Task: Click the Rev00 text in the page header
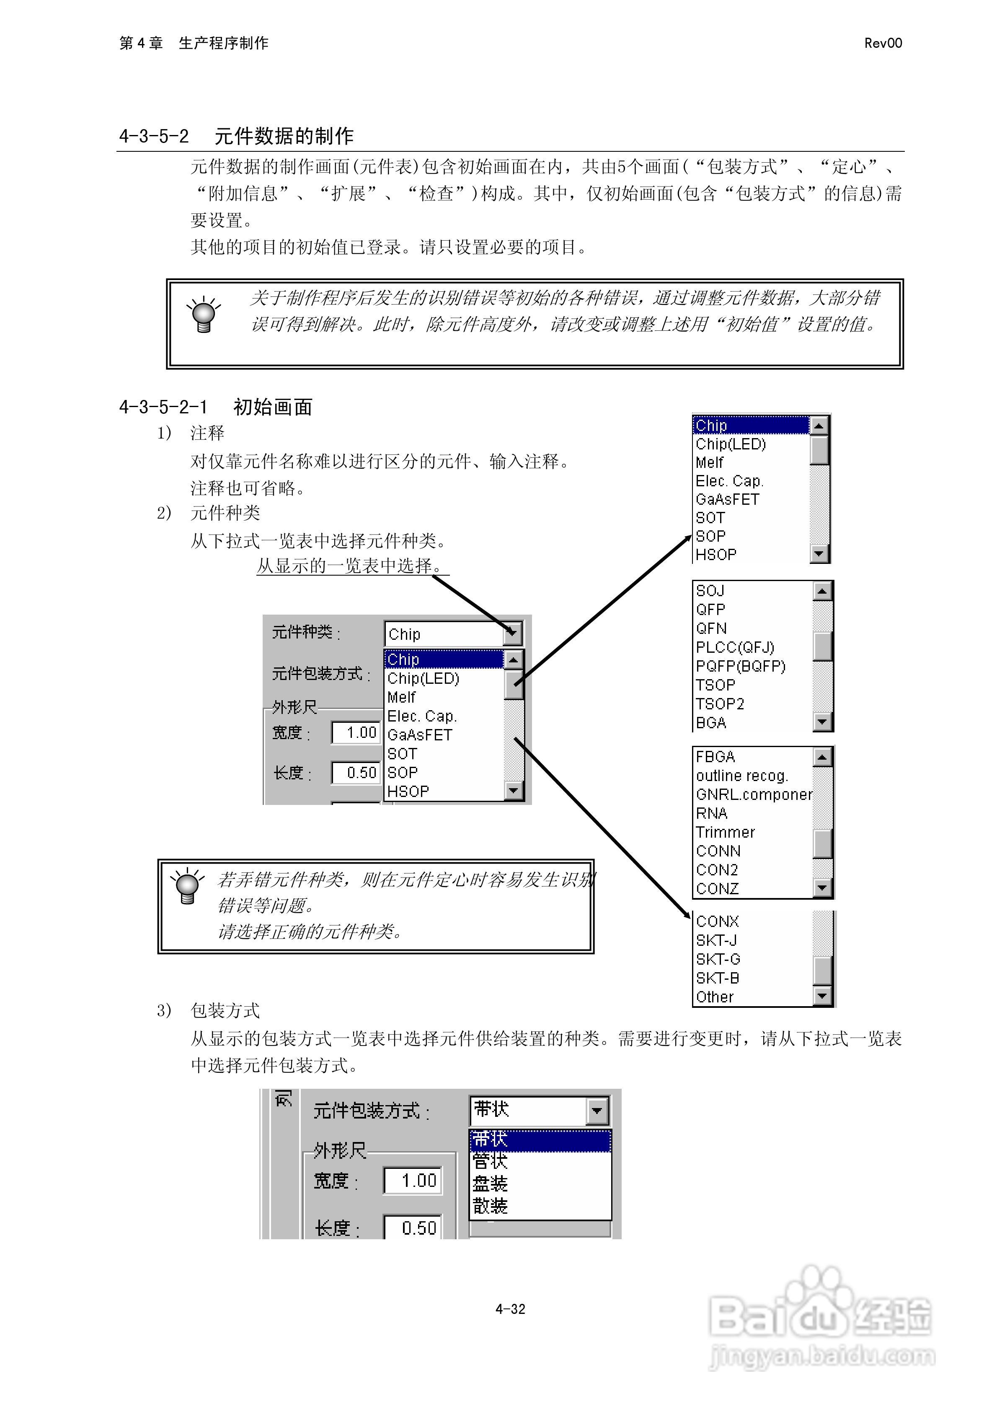pyautogui.click(x=883, y=43)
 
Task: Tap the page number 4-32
pyautogui.click(x=510, y=1309)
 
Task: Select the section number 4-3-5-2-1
pyautogui.click(x=163, y=407)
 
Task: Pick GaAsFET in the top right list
pyautogui.click(x=727, y=499)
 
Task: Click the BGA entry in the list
pyautogui.click(x=711, y=723)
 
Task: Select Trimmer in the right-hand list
pyautogui.click(x=725, y=832)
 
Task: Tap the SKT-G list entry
pyautogui.click(x=718, y=959)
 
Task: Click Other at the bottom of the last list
pyautogui.click(x=715, y=997)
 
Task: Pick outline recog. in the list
pyautogui.click(x=742, y=776)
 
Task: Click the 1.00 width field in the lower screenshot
pyautogui.click(x=413, y=1180)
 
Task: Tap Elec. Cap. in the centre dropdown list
pyautogui.click(x=422, y=716)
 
